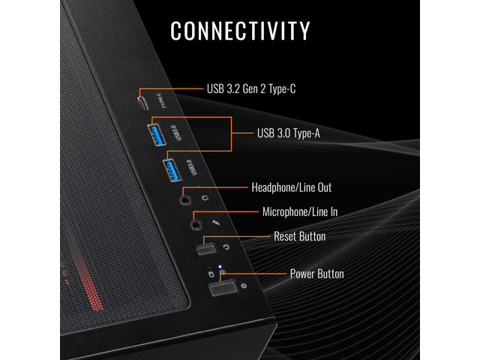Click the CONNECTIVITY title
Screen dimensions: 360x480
[x=240, y=31]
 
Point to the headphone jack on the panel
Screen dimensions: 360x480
[x=185, y=199]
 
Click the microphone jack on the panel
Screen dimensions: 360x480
[x=196, y=222]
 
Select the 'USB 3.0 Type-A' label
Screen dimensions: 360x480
[x=289, y=134]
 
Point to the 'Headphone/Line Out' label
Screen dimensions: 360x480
[x=291, y=187]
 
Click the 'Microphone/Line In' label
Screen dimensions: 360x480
[x=300, y=212]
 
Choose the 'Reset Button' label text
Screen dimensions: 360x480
[x=299, y=237]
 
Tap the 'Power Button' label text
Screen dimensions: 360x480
[x=316, y=274]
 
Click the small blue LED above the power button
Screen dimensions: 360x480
[x=220, y=266]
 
